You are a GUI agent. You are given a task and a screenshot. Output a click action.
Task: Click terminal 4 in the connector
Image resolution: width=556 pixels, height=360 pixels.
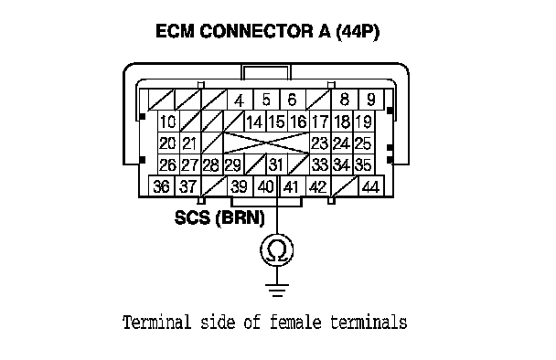pyautogui.click(x=240, y=100)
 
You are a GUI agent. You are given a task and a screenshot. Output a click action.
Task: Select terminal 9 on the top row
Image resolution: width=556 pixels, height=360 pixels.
pyautogui.click(x=371, y=100)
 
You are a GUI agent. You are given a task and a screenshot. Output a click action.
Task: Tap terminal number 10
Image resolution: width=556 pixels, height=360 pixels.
pyautogui.click(x=168, y=122)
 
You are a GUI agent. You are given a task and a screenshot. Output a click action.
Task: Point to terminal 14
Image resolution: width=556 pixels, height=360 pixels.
pyautogui.click(x=255, y=122)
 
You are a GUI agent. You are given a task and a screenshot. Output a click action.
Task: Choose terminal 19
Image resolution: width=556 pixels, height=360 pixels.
pyautogui.click(x=363, y=122)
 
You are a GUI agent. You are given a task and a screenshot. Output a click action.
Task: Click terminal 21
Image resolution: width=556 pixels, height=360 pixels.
pyautogui.click(x=190, y=143)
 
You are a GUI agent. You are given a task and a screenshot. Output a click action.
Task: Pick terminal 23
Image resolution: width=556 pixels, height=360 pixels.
pyautogui.click(x=320, y=143)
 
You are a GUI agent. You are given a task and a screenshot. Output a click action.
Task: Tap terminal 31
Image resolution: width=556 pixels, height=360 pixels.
pyautogui.click(x=277, y=165)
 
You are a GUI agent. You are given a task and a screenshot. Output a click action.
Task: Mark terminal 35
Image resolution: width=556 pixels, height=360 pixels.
pyautogui.click(x=363, y=165)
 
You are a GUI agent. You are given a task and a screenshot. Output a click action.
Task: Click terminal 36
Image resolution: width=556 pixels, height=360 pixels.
pyautogui.click(x=161, y=186)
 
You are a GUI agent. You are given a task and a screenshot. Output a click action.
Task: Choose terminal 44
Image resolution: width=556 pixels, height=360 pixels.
pyautogui.click(x=371, y=186)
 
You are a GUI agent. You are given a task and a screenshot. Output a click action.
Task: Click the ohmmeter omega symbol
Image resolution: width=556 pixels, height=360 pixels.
pyautogui.click(x=277, y=250)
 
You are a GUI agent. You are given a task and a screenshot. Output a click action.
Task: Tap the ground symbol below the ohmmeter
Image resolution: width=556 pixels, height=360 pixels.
pyautogui.click(x=277, y=290)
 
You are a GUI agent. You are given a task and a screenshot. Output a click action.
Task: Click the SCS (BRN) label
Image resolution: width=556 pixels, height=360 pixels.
pyautogui.click(x=219, y=217)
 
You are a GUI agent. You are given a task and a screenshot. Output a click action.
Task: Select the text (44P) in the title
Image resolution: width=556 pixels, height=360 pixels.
pyautogui.click(x=358, y=32)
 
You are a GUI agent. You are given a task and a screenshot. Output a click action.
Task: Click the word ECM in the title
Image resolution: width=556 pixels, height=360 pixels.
pyautogui.click(x=176, y=31)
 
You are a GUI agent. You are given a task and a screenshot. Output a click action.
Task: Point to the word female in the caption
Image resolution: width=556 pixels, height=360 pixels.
pyautogui.click(x=295, y=323)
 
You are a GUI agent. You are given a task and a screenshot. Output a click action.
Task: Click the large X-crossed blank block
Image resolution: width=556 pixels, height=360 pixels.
pyautogui.click(x=267, y=143)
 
